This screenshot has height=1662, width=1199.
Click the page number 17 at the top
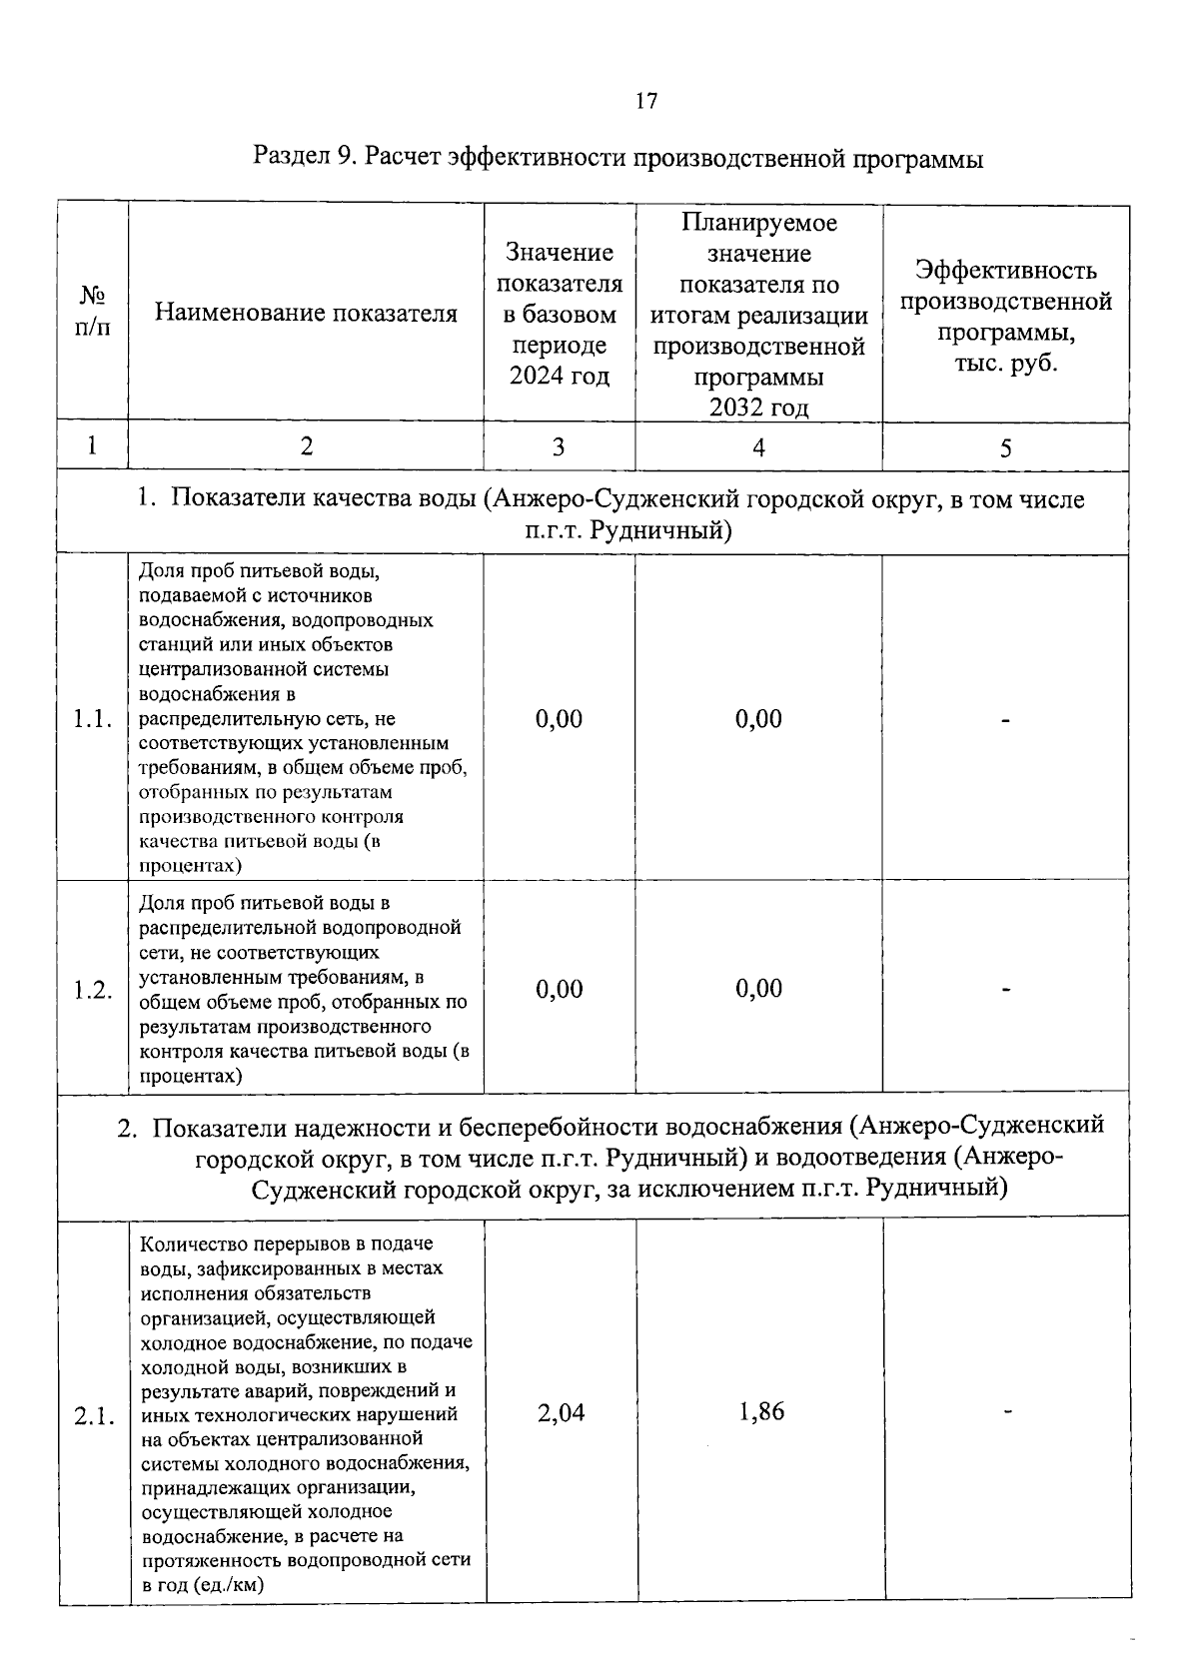click(x=645, y=101)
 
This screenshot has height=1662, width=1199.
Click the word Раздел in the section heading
click(x=292, y=158)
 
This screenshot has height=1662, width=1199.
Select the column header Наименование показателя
click(x=306, y=314)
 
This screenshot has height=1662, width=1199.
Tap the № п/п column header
click(x=92, y=313)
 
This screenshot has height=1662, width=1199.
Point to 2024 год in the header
click(x=559, y=377)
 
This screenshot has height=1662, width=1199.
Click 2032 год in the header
click(x=758, y=408)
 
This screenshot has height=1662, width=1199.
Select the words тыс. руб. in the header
click(x=1005, y=364)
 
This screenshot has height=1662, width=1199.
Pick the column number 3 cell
click(x=559, y=447)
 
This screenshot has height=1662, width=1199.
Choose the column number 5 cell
click(x=1005, y=447)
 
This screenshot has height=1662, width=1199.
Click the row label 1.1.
click(x=92, y=720)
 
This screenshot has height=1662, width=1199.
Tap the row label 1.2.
click(x=92, y=990)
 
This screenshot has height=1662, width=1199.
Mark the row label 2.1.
click(x=93, y=1415)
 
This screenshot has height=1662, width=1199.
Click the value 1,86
click(x=761, y=1411)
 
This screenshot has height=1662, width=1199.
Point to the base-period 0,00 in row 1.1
click(x=559, y=719)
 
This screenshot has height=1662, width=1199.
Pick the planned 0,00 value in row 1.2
click(x=758, y=989)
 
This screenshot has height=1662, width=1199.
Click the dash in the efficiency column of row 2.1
click(x=1008, y=1411)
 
